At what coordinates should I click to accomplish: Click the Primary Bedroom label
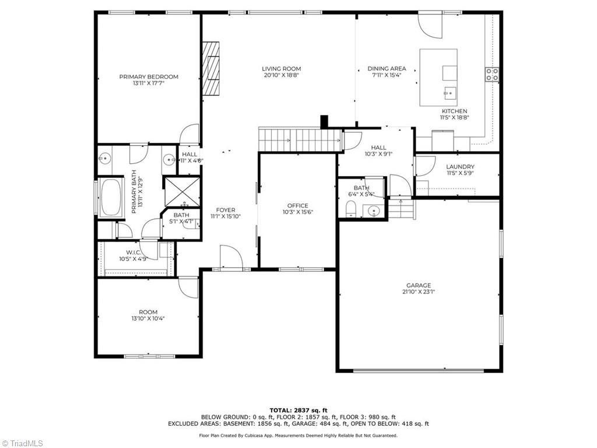[149, 76]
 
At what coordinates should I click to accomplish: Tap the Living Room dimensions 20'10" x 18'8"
[282, 75]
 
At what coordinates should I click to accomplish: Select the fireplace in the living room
[211, 68]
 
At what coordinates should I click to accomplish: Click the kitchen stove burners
[491, 74]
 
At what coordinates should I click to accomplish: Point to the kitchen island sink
[449, 92]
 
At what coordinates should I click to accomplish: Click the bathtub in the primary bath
[111, 197]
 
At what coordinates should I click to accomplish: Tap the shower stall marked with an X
[182, 191]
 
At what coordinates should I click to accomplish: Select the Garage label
[419, 285]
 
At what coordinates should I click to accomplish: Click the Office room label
[298, 206]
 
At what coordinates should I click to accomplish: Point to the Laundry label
[461, 166]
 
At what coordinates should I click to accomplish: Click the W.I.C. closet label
[134, 253]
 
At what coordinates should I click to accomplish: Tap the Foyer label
[226, 210]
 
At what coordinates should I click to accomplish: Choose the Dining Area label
[387, 69]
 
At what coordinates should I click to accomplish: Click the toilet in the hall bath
[350, 209]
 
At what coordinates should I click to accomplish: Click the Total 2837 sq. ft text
[298, 410]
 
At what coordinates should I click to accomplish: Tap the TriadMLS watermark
[22, 443]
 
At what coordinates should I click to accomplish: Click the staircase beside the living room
[300, 140]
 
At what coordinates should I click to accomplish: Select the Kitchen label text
[454, 111]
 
